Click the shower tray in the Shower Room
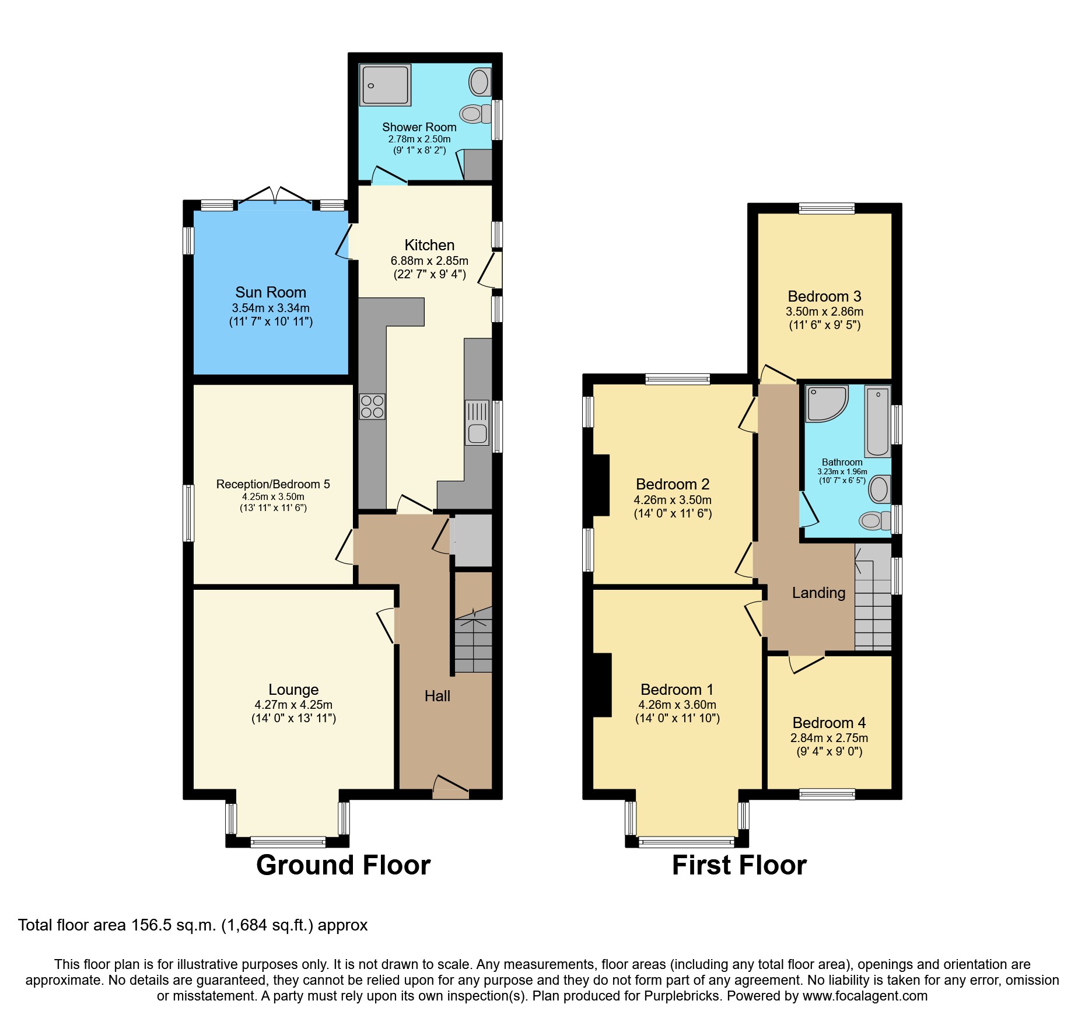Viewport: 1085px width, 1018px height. pos(385,85)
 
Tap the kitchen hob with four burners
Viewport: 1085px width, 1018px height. pos(372,407)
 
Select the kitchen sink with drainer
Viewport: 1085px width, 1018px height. pos(477,423)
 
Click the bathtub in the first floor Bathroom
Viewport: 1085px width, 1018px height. pos(877,421)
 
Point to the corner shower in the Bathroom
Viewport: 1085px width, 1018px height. pos(825,403)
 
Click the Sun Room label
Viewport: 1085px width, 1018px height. pos(271,292)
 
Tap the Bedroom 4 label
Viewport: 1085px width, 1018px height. pos(829,723)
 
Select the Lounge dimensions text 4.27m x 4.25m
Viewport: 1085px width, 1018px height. pos(293,705)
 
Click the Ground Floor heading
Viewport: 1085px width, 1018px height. pos(343,865)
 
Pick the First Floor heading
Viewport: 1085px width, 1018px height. pos(739,865)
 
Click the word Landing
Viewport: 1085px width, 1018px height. pos(818,593)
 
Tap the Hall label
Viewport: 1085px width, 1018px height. pos(437,696)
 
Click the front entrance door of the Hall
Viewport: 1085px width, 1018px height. pos(450,788)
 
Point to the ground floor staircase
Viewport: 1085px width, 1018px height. pos(473,642)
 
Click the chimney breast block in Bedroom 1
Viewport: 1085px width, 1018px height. pos(602,685)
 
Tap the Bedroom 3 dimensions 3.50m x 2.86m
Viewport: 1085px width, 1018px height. pos(824,312)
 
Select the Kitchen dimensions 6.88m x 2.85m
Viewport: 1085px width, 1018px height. pos(429,261)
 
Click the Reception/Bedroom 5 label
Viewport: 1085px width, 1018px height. pos(273,484)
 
